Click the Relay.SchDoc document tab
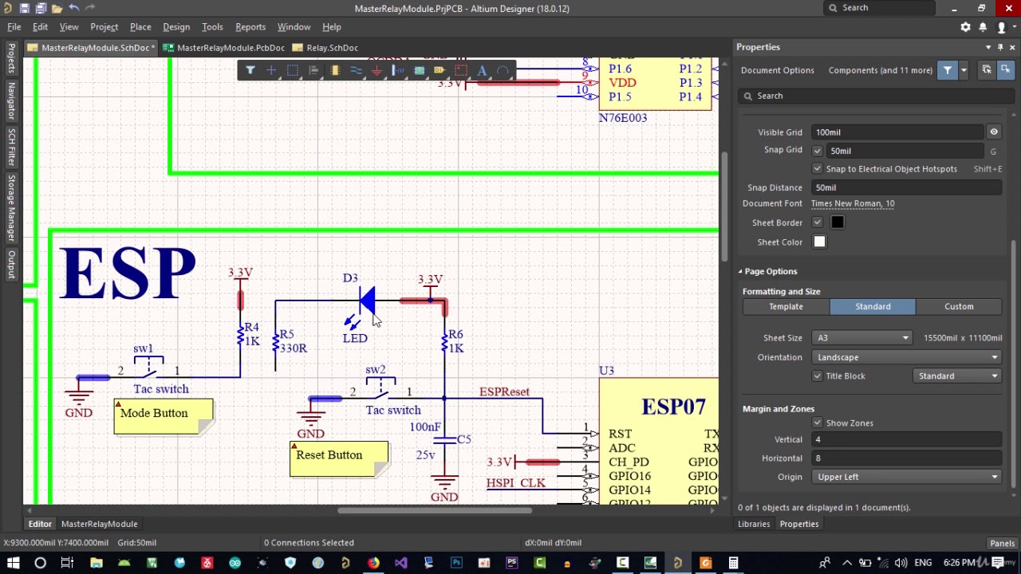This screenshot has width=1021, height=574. click(x=332, y=48)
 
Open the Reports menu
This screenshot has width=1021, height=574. click(x=250, y=27)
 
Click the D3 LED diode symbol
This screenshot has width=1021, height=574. click(x=366, y=301)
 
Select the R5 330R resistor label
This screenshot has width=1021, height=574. click(x=293, y=341)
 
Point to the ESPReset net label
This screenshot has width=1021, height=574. click(x=503, y=392)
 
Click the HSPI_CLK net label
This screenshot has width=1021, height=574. click(x=515, y=483)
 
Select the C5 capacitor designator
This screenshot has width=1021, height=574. click(x=464, y=439)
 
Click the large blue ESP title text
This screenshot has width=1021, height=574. click(x=128, y=273)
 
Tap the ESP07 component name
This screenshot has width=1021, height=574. click(x=672, y=407)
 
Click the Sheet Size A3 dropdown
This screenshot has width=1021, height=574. click(x=861, y=338)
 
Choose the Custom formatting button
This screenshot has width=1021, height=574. click(x=959, y=307)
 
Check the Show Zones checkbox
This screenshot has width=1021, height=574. click(x=817, y=423)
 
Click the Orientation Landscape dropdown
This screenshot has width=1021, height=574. click(x=908, y=357)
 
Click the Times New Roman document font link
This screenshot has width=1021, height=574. click(x=852, y=203)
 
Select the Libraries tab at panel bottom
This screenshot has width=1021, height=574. click(x=753, y=524)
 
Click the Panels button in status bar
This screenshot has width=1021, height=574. click(x=1002, y=543)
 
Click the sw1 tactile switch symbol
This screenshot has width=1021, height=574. click(x=148, y=370)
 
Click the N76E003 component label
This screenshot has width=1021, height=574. click(x=622, y=118)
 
